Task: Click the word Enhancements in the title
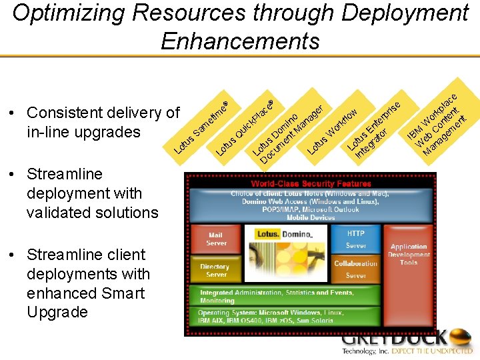pos(240,41)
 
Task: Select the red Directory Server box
pos(215,270)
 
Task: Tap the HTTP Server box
pos(355,239)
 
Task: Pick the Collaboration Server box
pos(355,269)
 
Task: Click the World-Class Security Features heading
pos(311,183)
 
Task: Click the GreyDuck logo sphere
pos(459,338)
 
